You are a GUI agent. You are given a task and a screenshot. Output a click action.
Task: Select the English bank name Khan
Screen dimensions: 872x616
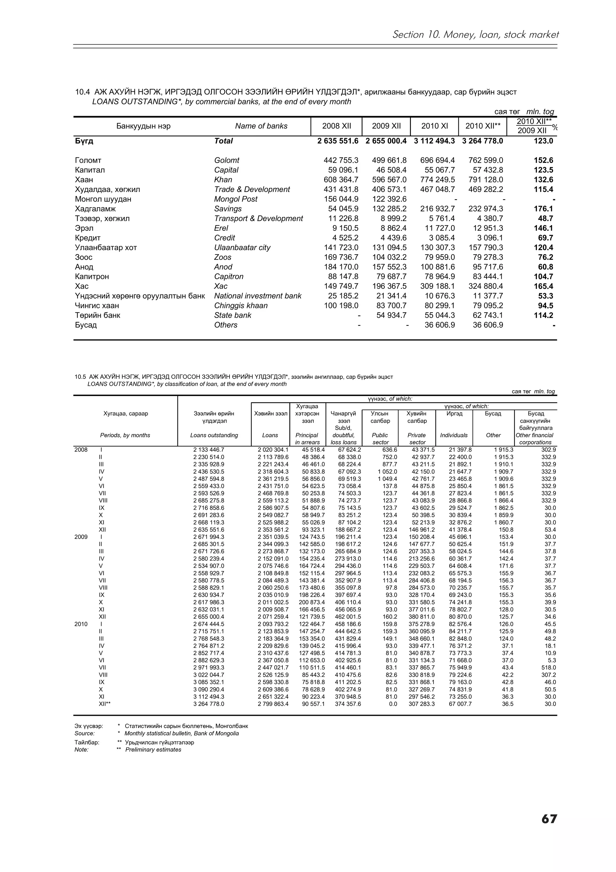point(223,180)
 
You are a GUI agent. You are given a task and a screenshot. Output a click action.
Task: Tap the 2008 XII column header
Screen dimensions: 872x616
point(336,126)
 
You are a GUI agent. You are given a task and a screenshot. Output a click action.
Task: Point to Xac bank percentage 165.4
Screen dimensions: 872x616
point(543,286)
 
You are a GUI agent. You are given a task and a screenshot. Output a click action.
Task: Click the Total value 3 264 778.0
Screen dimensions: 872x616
point(482,141)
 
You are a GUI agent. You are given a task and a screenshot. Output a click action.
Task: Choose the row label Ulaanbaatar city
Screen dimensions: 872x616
point(242,248)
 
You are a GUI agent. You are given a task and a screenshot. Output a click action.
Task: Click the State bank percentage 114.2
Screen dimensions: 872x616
point(543,315)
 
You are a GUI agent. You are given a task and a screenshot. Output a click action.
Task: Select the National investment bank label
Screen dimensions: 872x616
point(258,296)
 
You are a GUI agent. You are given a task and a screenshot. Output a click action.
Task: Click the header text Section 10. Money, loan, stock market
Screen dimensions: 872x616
point(475,35)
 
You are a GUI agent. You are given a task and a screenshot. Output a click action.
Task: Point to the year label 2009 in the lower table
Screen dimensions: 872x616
point(81,537)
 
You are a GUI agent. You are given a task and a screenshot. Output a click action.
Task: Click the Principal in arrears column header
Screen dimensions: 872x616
point(307,439)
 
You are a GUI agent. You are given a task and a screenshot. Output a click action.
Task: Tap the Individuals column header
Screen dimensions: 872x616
point(454,435)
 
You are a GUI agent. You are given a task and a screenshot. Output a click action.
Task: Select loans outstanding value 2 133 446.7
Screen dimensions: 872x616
point(209,450)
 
